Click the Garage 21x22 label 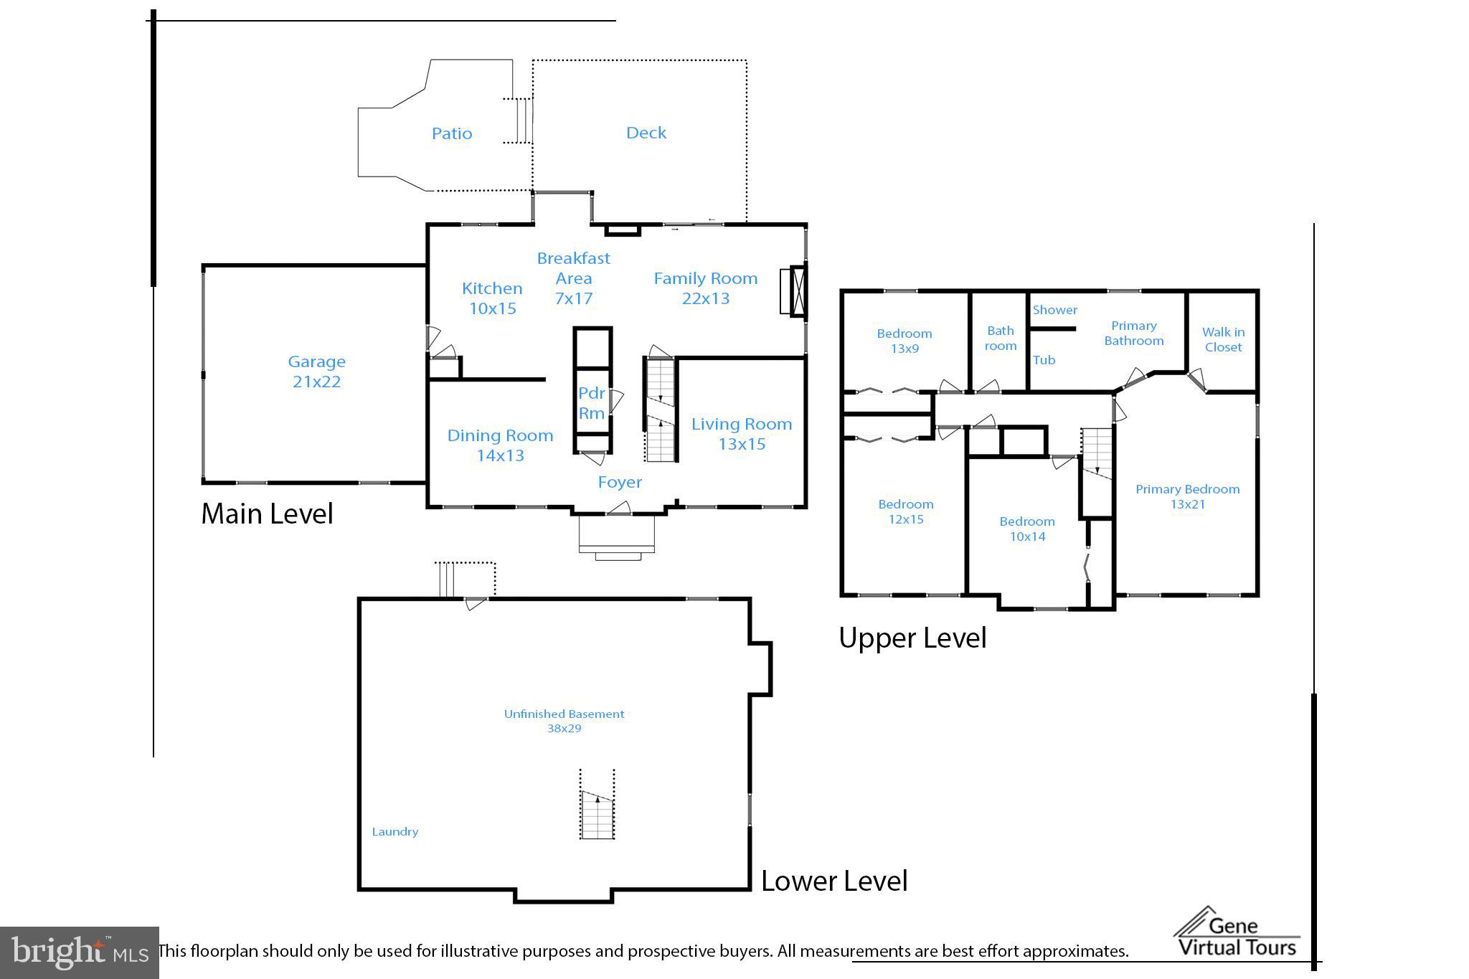(x=316, y=372)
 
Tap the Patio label (x=452, y=133)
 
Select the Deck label (x=646, y=133)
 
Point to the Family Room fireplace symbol (x=794, y=290)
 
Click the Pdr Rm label (x=592, y=403)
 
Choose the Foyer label (x=620, y=482)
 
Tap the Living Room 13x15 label (x=742, y=434)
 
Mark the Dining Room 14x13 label (x=500, y=445)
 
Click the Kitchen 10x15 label (x=492, y=298)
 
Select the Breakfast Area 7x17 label (x=573, y=278)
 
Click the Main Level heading (x=267, y=514)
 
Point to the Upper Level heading (x=912, y=638)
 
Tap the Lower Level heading (x=834, y=881)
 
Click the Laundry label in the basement (x=395, y=832)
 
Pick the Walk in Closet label (x=1223, y=339)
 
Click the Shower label (x=1054, y=310)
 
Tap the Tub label (x=1044, y=360)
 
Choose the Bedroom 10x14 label (x=1027, y=529)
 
